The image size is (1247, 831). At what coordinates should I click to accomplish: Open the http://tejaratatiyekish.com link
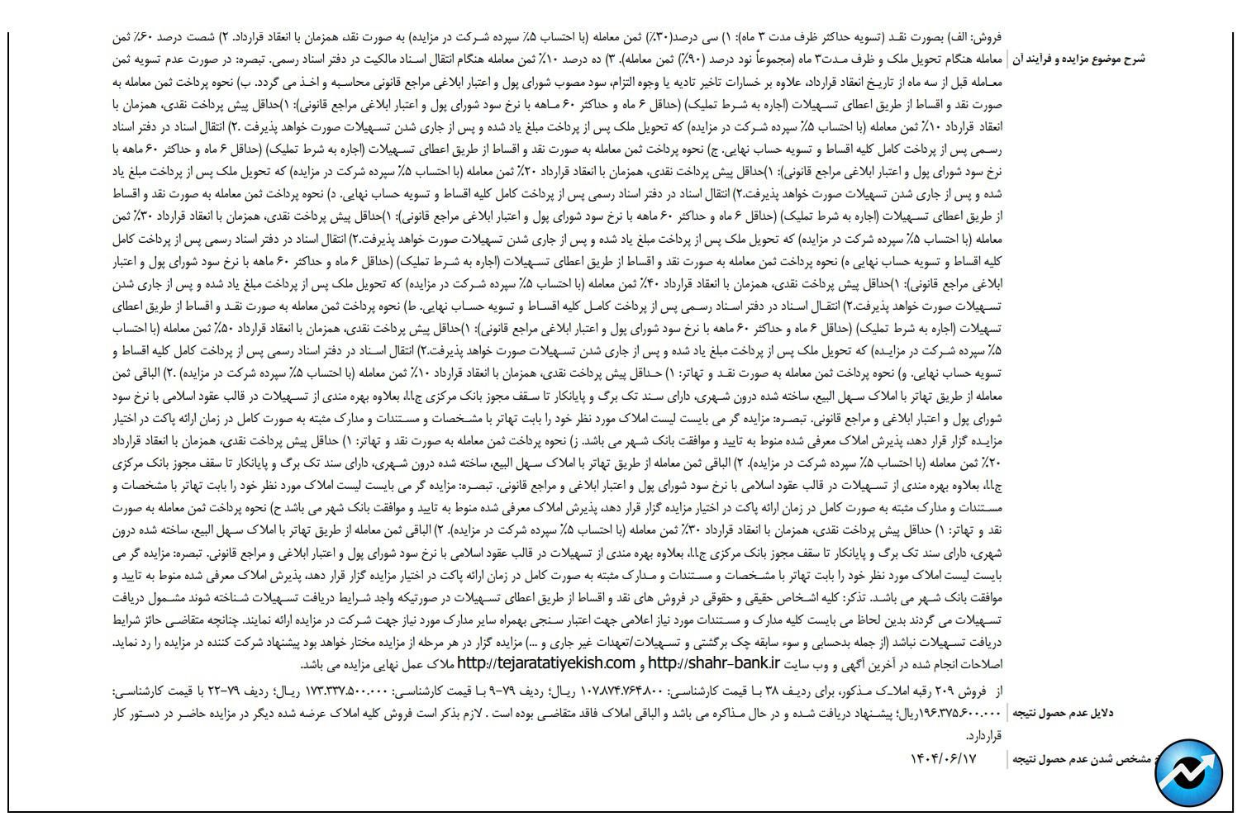point(545,663)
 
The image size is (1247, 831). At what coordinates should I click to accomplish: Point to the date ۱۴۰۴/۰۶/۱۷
point(943,758)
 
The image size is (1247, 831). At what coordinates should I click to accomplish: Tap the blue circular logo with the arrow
point(1189,773)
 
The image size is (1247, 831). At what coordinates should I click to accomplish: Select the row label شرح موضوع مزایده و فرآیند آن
point(1078,59)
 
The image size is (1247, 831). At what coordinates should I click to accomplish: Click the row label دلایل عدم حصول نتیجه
point(1062,713)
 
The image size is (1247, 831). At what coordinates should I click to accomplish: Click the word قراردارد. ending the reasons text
point(983,735)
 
